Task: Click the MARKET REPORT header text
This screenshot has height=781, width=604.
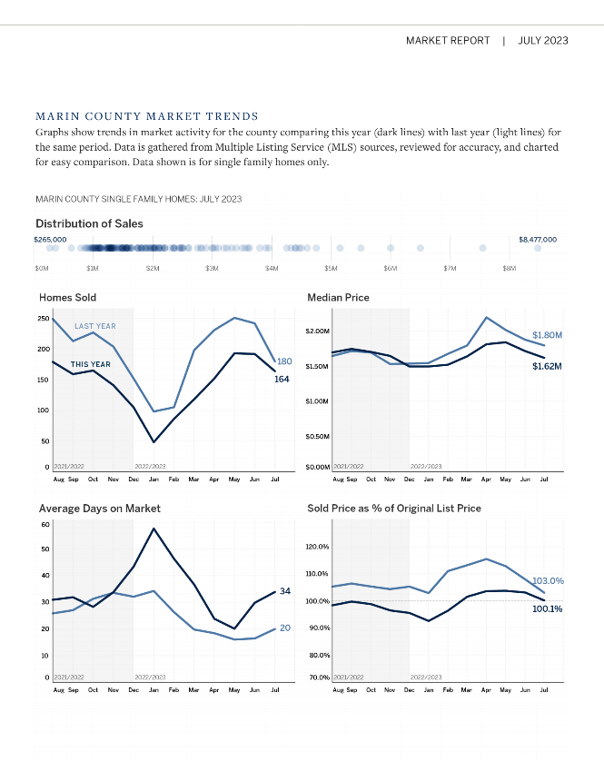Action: pos(448,41)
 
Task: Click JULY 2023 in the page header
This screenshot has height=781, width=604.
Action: pos(543,41)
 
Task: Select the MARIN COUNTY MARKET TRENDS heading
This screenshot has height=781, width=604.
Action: pos(147,116)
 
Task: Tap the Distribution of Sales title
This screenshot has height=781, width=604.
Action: pos(89,223)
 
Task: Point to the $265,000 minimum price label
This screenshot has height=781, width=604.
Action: pos(51,239)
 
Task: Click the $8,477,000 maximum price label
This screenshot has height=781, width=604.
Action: pos(538,239)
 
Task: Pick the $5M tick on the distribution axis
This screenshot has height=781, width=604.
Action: pos(332,269)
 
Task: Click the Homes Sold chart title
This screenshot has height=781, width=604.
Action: pos(67,297)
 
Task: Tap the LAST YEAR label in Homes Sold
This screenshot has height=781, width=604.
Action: pos(95,326)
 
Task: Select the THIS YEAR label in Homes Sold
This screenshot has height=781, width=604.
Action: pos(91,364)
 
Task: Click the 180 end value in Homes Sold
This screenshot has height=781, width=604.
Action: pos(284,362)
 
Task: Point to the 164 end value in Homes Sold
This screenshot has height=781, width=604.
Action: pos(282,379)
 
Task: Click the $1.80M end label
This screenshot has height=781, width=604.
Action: pos(547,335)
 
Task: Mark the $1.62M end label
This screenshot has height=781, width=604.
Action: pos(547,366)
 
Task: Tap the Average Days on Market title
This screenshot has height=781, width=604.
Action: pos(100,509)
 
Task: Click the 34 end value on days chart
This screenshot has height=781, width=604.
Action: pos(285,591)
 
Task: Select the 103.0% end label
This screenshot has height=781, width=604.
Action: pos(548,580)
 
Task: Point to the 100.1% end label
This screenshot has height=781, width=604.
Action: pos(547,608)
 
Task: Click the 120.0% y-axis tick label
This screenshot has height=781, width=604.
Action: pos(317,547)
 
